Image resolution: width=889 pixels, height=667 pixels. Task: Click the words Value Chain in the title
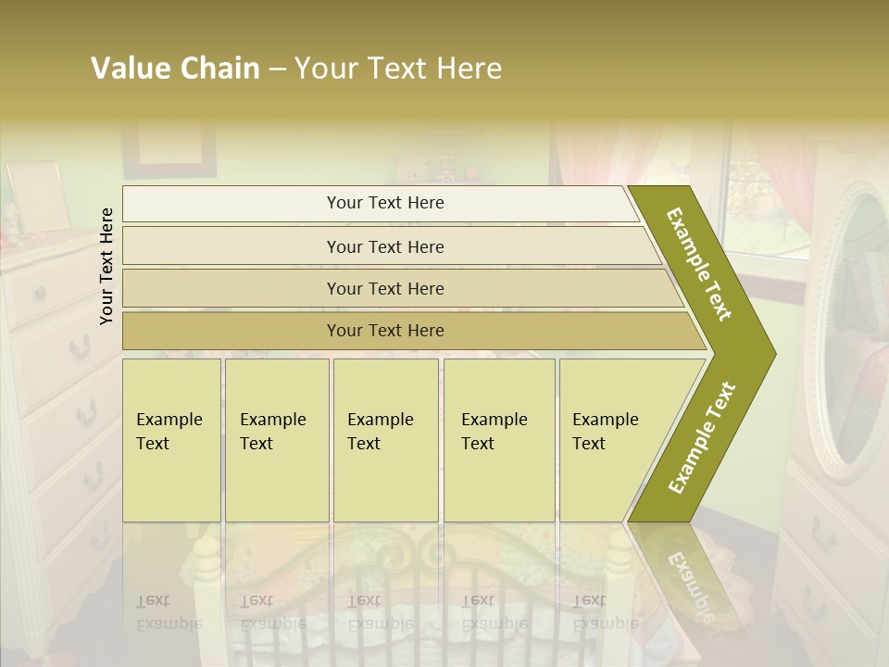click(175, 69)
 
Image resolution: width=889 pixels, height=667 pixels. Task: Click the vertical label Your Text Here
click(107, 266)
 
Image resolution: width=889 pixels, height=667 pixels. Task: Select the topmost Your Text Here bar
click(384, 203)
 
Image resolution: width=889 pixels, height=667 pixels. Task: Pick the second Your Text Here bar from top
click(384, 246)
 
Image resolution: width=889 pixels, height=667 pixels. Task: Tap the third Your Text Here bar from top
click(384, 288)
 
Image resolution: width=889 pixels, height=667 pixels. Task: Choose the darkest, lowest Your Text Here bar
click(384, 331)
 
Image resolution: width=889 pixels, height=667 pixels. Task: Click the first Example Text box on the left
click(171, 439)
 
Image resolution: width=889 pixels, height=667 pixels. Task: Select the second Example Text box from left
click(276, 439)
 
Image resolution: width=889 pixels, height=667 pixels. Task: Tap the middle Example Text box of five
click(385, 439)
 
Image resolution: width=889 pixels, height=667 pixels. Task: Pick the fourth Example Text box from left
click(499, 439)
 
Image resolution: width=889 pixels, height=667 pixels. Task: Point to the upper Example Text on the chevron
click(699, 263)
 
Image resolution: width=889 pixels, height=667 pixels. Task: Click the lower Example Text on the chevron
click(702, 437)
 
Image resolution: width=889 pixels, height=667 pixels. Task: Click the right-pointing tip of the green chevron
click(771, 354)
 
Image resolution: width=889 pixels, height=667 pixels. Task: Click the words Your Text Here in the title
click(397, 69)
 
